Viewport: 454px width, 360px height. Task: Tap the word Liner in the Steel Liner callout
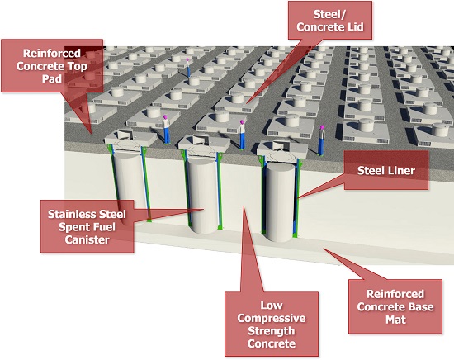tap(400, 170)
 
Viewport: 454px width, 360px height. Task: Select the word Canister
tap(87, 239)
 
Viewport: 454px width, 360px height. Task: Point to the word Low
tap(272, 305)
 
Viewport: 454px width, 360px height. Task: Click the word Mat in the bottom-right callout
tap(395, 320)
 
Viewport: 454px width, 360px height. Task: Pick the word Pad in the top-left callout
tap(52, 78)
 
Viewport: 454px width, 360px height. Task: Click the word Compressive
tap(272, 318)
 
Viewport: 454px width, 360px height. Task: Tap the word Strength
tap(272, 331)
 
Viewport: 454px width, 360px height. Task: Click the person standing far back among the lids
tap(188, 68)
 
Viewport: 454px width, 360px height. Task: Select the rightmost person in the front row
tap(321, 140)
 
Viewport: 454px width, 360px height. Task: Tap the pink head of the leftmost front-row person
tap(165, 117)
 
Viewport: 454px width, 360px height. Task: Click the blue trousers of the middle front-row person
tap(243, 141)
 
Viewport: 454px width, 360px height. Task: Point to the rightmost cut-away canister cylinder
tap(281, 201)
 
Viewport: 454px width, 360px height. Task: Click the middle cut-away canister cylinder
tap(203, 195)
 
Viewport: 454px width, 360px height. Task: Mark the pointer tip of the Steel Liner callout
tap(298, 198)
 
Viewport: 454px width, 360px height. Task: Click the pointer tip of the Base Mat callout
tap(324, 249)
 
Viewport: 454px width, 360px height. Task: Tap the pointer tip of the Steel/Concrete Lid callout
tap(247, 104)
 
